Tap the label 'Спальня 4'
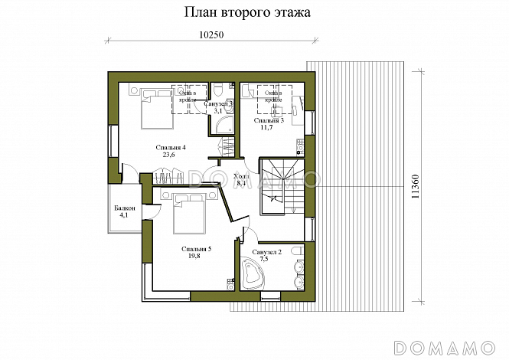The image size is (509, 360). pos(171,147)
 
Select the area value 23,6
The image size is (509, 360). pos(170,155)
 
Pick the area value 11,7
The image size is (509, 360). pos(268,128)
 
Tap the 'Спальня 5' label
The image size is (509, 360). pos(196,249)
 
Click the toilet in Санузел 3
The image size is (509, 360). pos(218,87)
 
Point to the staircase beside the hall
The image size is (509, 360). pos(282,183)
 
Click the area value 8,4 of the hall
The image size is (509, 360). pos(240,184)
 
